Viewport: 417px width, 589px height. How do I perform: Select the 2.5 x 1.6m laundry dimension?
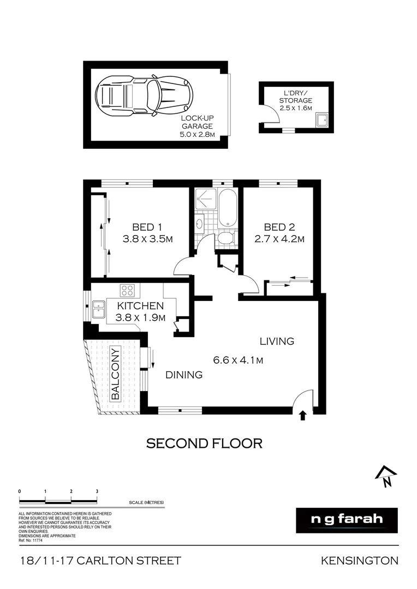coord(296,109)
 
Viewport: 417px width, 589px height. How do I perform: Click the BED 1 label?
coord(147,227)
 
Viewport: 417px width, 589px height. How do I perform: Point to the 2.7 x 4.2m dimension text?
coord(279,239)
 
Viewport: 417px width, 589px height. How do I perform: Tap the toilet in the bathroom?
coord(225,239)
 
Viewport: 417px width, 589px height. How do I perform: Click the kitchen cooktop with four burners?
coord(128,290)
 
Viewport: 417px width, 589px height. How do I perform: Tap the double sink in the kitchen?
coord(99,309)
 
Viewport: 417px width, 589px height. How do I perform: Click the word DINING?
coord(184,375)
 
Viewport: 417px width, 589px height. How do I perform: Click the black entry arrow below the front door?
coord(303,416)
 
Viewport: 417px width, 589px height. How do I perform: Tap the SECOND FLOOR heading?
coord(205,443)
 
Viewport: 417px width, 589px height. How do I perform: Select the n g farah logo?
coord(347,520)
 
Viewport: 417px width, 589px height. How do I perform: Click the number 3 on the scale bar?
coord(97,491)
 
